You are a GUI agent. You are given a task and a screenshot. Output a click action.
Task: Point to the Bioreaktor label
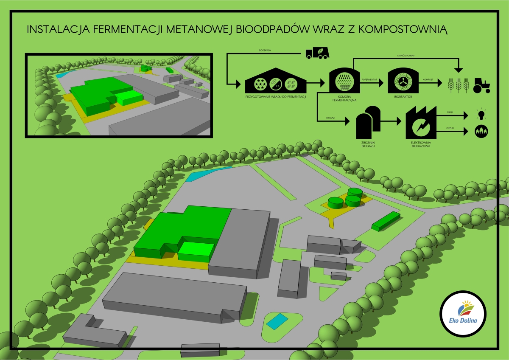[x=400, y=97]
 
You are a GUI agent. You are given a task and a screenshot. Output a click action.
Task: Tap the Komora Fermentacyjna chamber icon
[x=344, y=81]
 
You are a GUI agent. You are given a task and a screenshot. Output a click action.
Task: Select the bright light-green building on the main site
[x=196, y=251]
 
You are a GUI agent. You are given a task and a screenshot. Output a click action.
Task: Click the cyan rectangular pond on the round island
[x=277, y=321]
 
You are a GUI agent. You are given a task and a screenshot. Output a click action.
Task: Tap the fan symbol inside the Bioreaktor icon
[x=400, y=81]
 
